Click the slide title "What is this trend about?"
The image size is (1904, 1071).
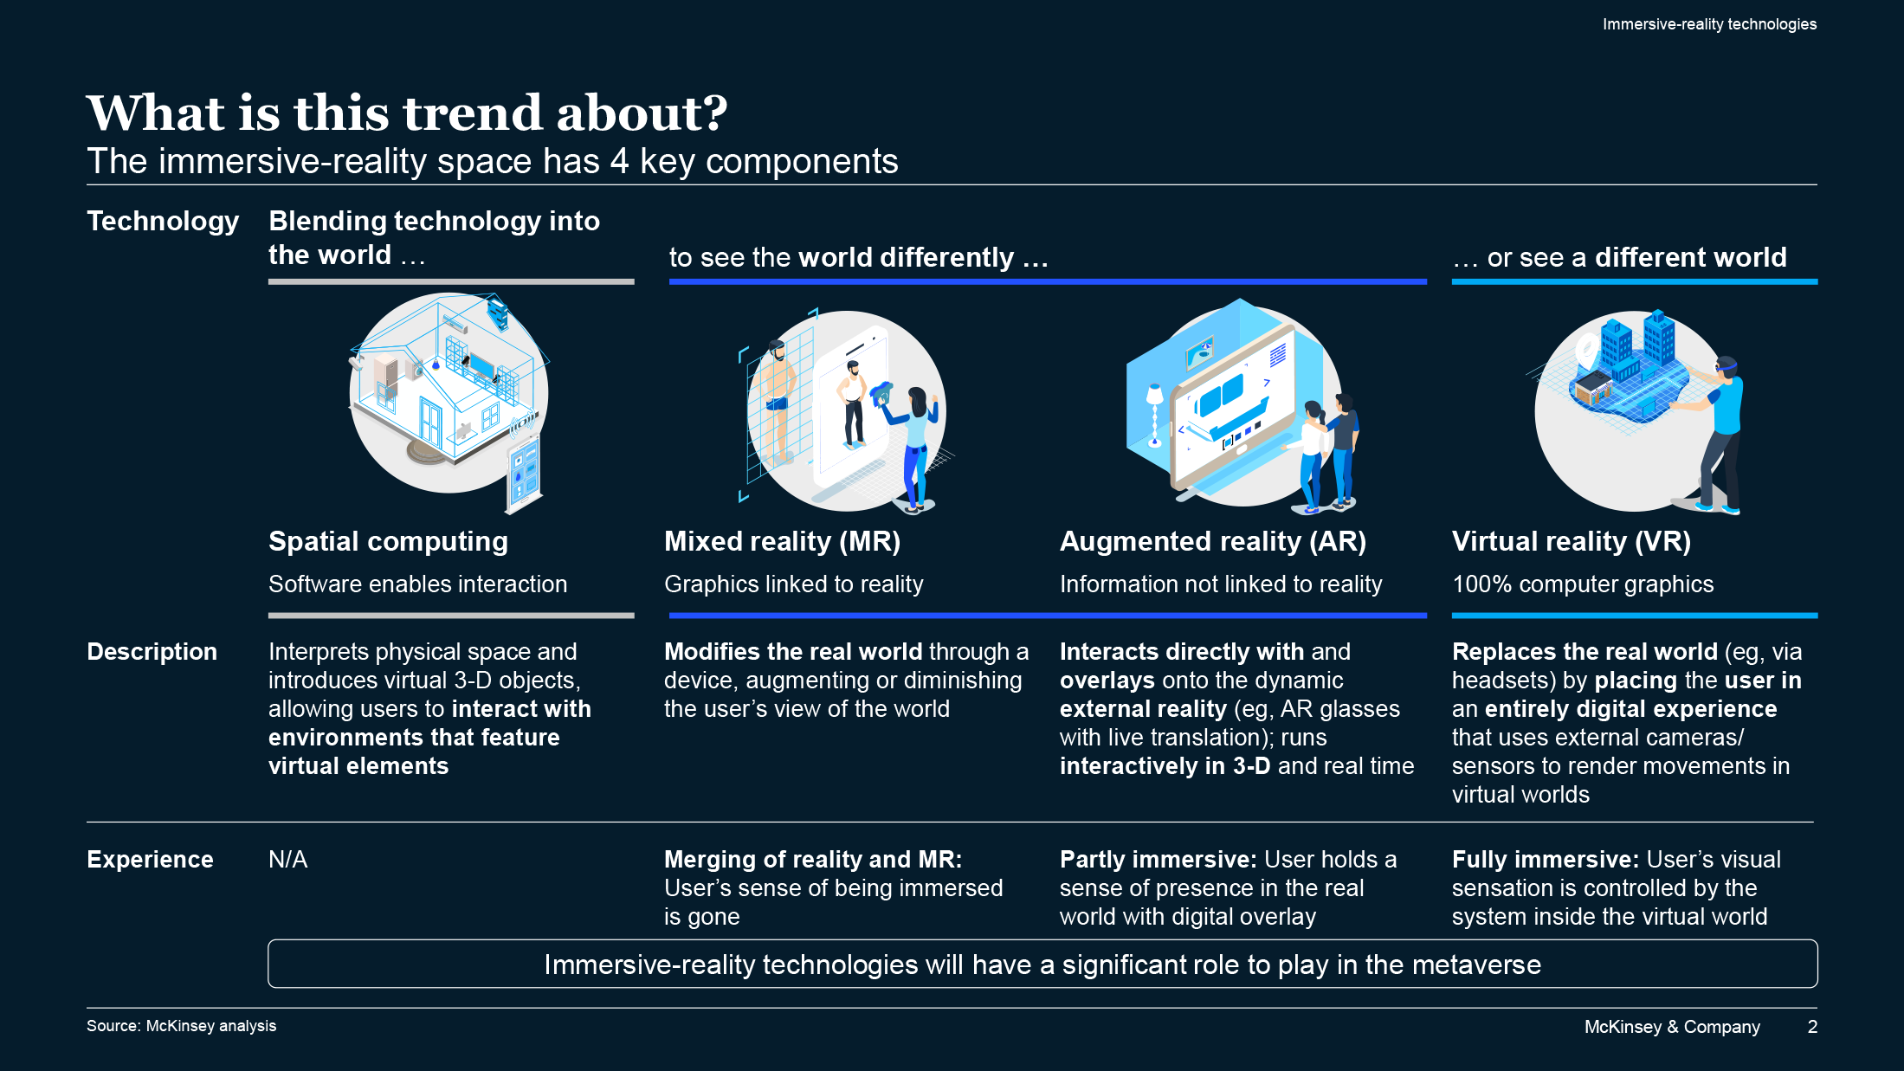[x=407, y=113]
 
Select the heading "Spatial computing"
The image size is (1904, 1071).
[x=388, y=542]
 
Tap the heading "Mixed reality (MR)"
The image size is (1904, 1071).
[x=782, y=542]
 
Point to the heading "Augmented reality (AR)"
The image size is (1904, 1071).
[x=1212, y=542]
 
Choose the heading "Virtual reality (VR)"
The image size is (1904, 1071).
[x=1571, y=542]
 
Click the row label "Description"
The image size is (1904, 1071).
[x=152, y=652]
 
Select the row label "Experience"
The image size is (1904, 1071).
[x=150, y=860]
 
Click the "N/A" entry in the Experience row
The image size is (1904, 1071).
[x=287, y=860]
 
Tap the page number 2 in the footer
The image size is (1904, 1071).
[x=1811, y=1027]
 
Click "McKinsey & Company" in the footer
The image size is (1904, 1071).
[x=1671, y=1027]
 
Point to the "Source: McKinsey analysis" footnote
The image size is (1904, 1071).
[x=181, y=1026]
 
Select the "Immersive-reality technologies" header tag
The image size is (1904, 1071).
[x=1708, y=24]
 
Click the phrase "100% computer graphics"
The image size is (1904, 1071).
[x=1582, y=584]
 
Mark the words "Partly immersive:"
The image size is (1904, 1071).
[x=1158, y=860]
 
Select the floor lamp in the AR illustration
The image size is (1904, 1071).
[x=1154, y=416]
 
